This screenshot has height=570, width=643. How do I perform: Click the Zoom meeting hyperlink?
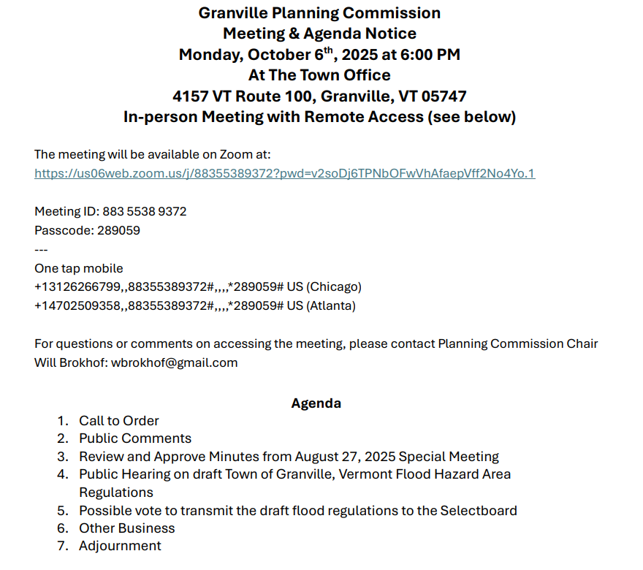pos(284,173)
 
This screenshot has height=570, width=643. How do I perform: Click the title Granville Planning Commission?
pos(319,12)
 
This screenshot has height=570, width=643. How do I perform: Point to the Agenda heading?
pos(316,403)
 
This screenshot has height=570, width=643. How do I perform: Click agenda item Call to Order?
pos(118,420)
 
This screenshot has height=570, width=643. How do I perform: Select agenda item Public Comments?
pos(135,438)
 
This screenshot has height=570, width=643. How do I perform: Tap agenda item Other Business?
pos(126,528)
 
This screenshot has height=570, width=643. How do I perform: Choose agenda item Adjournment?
pos(120,546)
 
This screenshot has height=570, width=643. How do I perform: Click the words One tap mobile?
pos(79,268)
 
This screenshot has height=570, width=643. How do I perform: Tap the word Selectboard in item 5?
pos(479,510)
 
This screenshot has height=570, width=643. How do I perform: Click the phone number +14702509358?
pos(77,305)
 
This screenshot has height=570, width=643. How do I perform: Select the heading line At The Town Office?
pos(319,75)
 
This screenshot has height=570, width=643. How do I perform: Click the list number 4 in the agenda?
pos(62,474)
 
